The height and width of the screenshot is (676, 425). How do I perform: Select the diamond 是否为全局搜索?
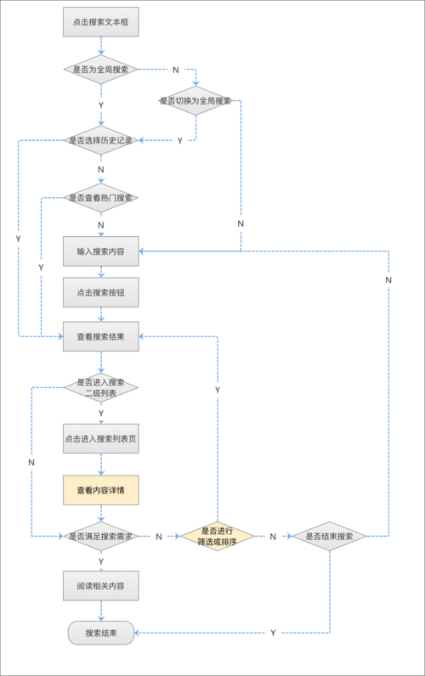[100, 69]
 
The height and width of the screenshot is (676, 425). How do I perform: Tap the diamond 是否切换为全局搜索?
[195, 100]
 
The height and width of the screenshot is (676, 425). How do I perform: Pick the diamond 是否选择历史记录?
[100, 140]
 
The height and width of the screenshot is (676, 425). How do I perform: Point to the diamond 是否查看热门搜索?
[100, 198]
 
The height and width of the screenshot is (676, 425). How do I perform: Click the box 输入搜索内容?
[100, 251]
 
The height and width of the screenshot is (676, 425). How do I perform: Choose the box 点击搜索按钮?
[100, 292]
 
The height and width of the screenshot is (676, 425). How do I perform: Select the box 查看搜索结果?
[100, 336]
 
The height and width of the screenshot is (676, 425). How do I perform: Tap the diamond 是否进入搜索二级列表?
[100, 388]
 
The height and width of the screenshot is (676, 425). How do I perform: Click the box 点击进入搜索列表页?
[100, 439]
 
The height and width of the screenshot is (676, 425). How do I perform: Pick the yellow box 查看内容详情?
[100, 490]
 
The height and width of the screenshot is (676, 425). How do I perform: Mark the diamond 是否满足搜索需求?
[100, 537]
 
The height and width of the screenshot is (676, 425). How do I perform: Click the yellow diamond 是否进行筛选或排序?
[217, 537]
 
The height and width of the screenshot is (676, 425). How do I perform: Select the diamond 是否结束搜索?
[329, 537]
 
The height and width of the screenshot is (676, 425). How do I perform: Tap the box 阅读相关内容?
[100, 586]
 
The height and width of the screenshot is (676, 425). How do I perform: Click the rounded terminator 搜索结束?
[100, 633]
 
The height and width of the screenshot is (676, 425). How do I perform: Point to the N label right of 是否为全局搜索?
[175, 69]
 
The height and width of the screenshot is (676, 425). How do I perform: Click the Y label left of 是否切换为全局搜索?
[179, 140]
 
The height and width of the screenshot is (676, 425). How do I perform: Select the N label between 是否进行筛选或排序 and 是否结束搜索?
[273, 537]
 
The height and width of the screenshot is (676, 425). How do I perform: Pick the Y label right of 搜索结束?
[273, 633]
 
